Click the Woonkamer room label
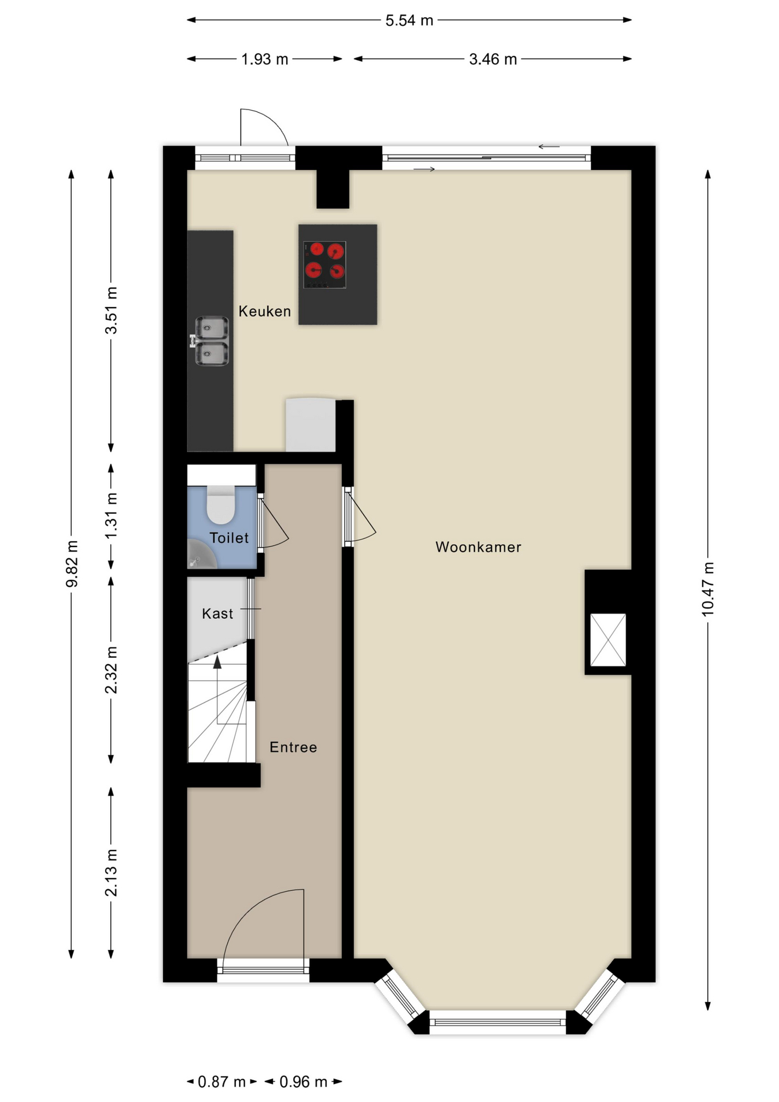tap(478, 547)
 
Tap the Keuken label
tap(264, 311)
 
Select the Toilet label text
tap(229, 538)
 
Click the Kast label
tap(217, 614)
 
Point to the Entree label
tap(293, 747)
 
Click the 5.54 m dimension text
tap(408, 21)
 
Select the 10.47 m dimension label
tap(708, 589)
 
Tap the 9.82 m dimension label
tap(72, 564)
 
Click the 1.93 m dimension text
tap(264, 59)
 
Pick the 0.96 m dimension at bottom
tap(303, 1082)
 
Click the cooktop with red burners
tap(325, 265)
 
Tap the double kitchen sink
tap(211, 341)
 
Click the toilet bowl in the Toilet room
tap(220, 505)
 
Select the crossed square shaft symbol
tap(608, 640)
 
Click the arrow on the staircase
tap(217, 663)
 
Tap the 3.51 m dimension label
tap(111, 311)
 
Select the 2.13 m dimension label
tap(111, 872)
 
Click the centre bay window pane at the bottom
tap(497, 1022)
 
